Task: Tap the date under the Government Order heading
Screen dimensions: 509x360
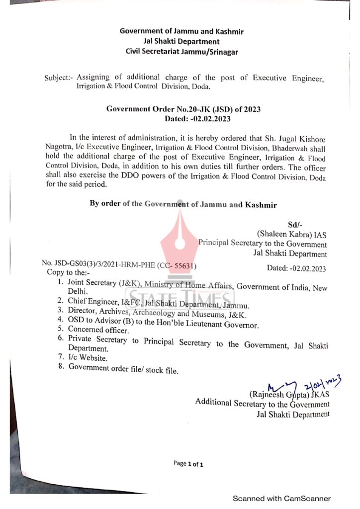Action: pyautogui.click(x=198, y=119)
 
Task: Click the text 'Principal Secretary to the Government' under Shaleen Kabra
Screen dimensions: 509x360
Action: pyautogui.click(x=263, y=244)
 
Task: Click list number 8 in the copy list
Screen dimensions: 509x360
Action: pyautogui.click(x=60, y=367)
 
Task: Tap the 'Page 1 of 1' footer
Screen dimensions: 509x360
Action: pyautogui.click(x=188, y=464)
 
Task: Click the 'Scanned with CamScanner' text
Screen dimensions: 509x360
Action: pyautogui.click(x=282, y=499)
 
